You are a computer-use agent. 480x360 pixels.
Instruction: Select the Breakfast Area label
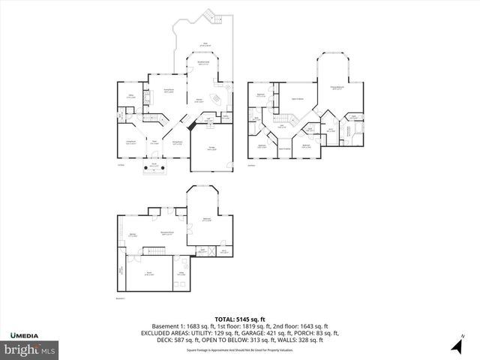pos(202,62)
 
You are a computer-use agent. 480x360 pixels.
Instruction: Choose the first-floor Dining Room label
pos(177,142)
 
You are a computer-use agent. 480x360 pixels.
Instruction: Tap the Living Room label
pos(130,142)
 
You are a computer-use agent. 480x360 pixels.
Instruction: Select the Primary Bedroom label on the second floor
pos(339,88)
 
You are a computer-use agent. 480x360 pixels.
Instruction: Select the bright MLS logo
pos(30,349)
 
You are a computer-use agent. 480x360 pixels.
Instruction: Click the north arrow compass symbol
pos(454,345)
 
